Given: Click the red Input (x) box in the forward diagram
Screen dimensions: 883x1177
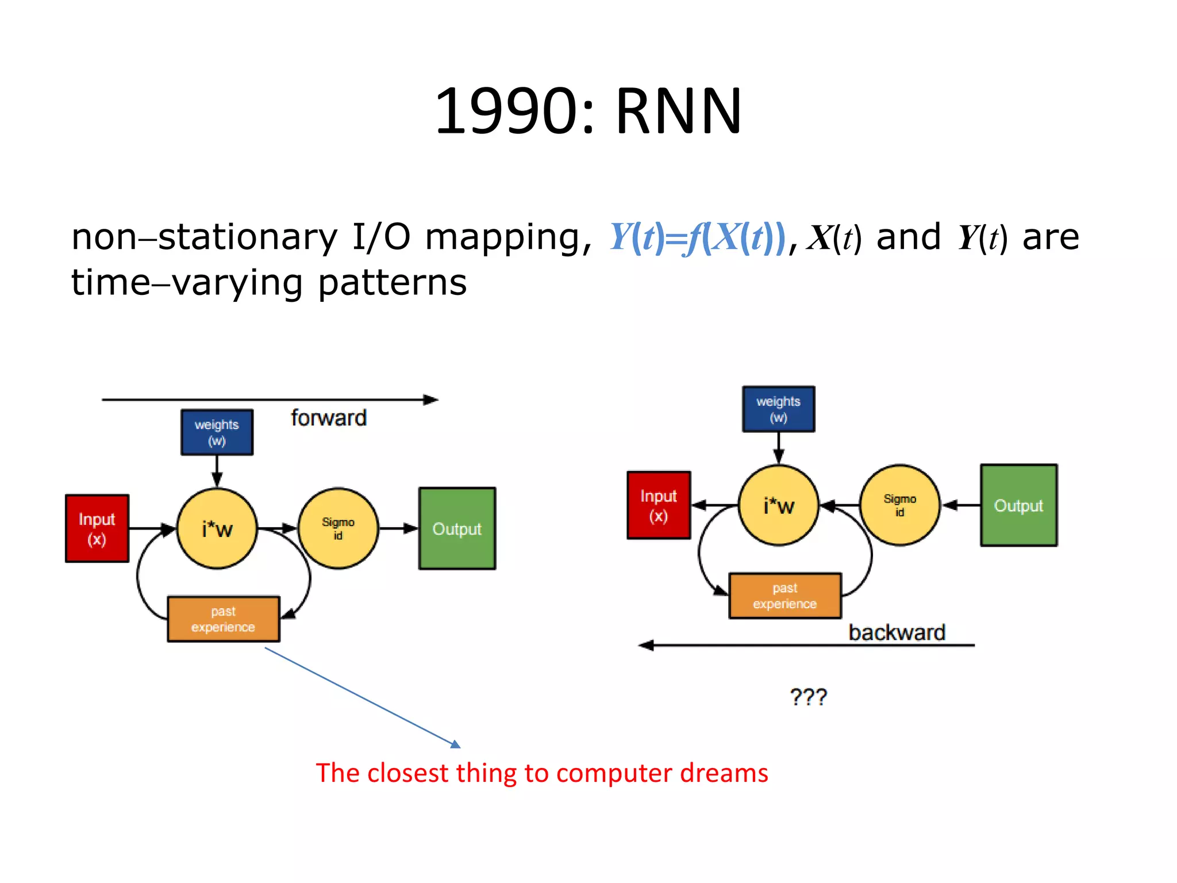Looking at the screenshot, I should [x=97, y=528].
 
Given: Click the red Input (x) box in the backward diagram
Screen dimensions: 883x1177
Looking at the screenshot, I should [x=659, y=505].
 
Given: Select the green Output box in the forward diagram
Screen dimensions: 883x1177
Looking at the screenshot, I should [x=457, y=528].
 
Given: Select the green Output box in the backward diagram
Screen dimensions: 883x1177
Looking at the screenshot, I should [x=1018, y=505].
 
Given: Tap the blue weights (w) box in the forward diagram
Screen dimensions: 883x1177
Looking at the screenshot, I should [x=217, y=432].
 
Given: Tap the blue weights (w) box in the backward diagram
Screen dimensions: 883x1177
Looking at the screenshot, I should [x=778, y=409].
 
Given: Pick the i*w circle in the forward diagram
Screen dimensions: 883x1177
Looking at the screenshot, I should [x=217, y=528].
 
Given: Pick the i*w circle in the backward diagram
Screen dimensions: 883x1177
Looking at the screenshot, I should [x=778, y=505].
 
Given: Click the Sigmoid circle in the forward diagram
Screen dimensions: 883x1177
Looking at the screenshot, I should [x=338, y=528].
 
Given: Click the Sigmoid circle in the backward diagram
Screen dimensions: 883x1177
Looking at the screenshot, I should [x=899, y=505].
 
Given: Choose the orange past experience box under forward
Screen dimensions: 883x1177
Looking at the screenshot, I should [x=224, y=619].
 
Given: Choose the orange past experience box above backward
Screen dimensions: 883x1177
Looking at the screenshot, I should [x=785, y=596].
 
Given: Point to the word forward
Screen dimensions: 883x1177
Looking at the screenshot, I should [x=328, y=418].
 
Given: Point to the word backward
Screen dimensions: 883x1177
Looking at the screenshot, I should [x=897, y=632].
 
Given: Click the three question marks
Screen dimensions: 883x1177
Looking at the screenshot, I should [x=808, y=697].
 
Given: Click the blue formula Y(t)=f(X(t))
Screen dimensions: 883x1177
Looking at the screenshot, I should [x=697, y=237].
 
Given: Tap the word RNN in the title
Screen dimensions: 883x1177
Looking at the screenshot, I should [x=678, y=111].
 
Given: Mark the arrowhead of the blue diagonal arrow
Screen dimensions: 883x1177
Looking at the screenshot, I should [x=456, y=745].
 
